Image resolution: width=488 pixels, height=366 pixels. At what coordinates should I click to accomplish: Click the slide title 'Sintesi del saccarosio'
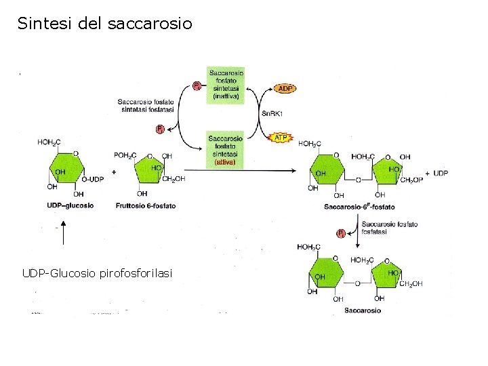click(105, 24)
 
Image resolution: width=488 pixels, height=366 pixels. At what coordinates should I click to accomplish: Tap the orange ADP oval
click(285, 89)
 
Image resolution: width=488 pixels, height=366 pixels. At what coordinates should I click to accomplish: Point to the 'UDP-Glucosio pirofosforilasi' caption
click(97, 273)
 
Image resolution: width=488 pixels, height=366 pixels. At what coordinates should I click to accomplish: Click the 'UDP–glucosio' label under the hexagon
click(70, 205)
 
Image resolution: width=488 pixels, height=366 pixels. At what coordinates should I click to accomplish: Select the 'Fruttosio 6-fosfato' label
click(146, 205)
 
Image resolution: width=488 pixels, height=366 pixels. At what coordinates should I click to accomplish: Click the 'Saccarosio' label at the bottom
click(362, 310)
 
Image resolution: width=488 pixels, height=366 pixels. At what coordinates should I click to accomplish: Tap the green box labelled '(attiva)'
click(226, 148)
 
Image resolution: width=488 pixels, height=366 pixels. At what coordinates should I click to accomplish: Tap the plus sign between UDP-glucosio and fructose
click(114, 172)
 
